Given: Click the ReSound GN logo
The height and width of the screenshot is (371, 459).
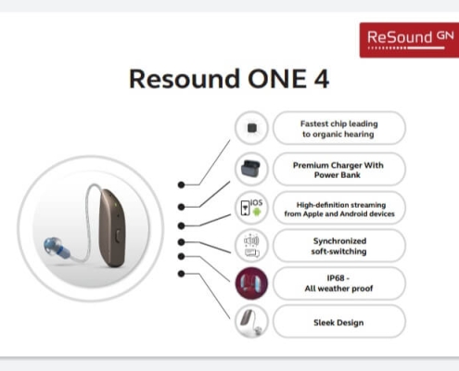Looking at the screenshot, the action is [409, 40].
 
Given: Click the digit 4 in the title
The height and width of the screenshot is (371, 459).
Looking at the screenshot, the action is [322, 79].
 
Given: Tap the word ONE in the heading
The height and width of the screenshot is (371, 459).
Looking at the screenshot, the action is [277, 79].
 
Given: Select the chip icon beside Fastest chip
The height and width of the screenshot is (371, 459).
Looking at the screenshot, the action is [252, 128].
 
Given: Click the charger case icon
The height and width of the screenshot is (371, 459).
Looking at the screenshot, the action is [251, 169].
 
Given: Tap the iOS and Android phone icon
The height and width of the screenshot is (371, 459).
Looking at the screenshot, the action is [251, 208].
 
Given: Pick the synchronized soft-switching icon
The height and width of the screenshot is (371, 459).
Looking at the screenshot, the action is [251, 246].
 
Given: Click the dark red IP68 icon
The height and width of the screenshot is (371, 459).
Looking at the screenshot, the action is [251, 284].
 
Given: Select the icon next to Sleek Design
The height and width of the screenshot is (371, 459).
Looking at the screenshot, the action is [251, 322].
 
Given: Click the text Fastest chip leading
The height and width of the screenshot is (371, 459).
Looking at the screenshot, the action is [339, 124].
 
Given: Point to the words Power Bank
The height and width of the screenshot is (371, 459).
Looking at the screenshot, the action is [338, 175].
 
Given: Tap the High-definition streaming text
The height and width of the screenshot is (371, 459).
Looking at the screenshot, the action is [341, 205].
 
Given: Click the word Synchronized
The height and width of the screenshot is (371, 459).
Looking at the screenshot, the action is [339, 241].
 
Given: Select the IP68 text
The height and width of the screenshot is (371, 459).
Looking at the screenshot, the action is [336, 278].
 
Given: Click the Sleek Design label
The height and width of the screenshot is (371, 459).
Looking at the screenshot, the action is [338, 323].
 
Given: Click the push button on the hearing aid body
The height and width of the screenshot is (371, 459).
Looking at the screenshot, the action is [118, 236].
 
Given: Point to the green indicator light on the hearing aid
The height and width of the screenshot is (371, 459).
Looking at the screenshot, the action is [116, 204].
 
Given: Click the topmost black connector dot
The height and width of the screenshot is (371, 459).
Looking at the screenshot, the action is [182, 185].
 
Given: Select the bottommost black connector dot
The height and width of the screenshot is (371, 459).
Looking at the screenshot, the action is [182, 274].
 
